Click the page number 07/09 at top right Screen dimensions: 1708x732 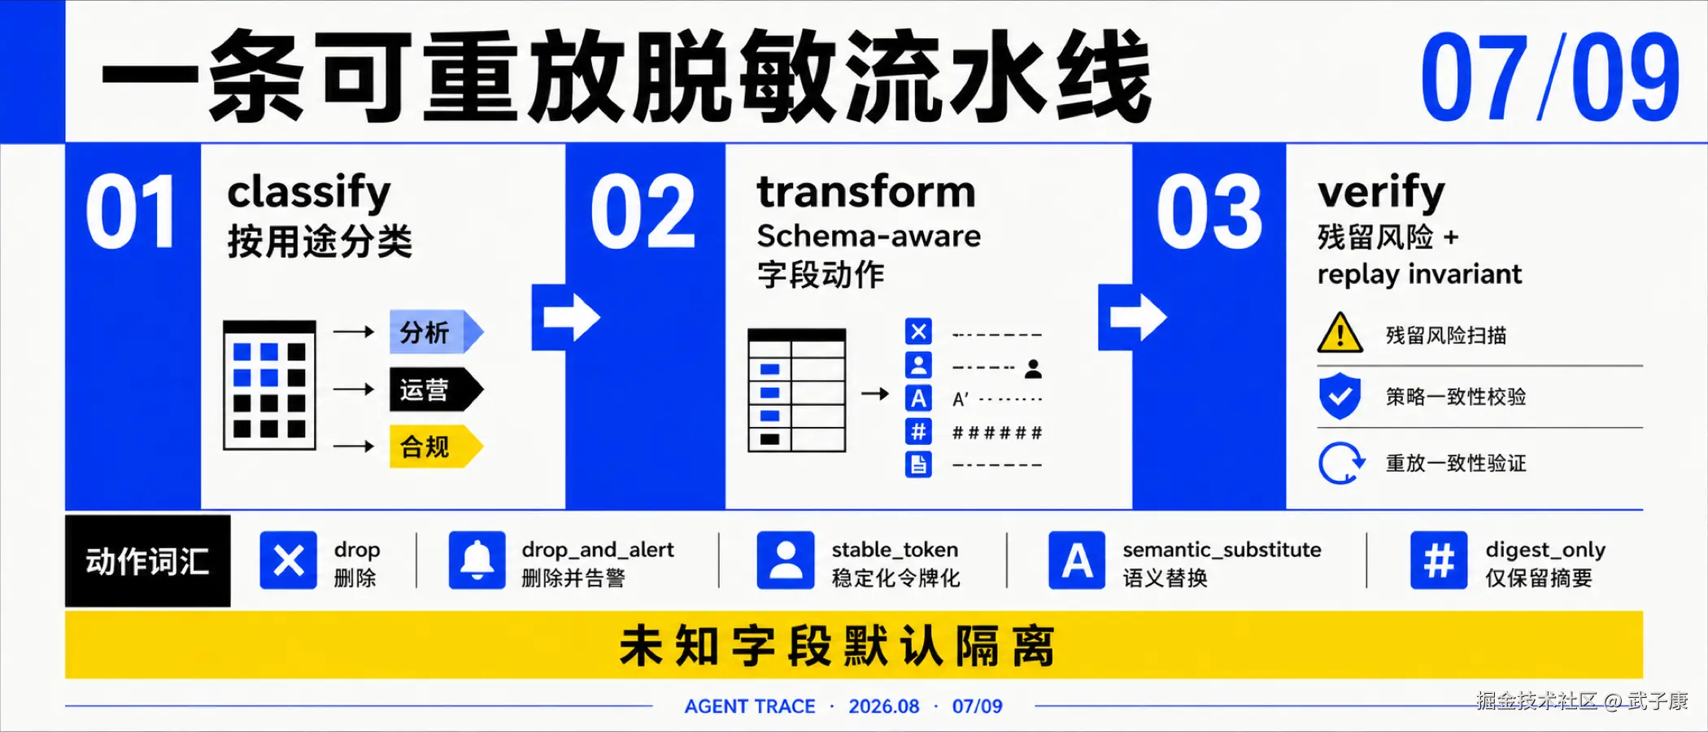[1550, 78]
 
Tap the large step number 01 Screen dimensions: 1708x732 [131, 212]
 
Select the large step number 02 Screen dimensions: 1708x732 [643, 212]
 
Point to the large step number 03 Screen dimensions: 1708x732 [1209, 212]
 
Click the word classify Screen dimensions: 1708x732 [309, 194]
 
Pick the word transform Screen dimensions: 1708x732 [866, 192]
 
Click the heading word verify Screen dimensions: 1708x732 [1381, 194]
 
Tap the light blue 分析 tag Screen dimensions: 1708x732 [436, 332]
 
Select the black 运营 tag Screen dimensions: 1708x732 [436, 390]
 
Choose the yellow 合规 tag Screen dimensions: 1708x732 [436, 447]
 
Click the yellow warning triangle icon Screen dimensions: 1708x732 [1340, 333]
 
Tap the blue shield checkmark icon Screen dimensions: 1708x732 [1340, 396]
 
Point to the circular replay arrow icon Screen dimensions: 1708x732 [1341, 463]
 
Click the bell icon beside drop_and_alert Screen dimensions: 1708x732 [477, 560]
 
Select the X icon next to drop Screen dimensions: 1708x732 [289, 560]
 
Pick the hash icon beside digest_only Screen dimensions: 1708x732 [1439, 560]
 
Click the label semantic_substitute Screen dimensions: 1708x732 [1222, 550]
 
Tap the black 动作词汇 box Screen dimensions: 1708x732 [148, 561]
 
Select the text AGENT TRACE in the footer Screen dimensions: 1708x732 [750, 706]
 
